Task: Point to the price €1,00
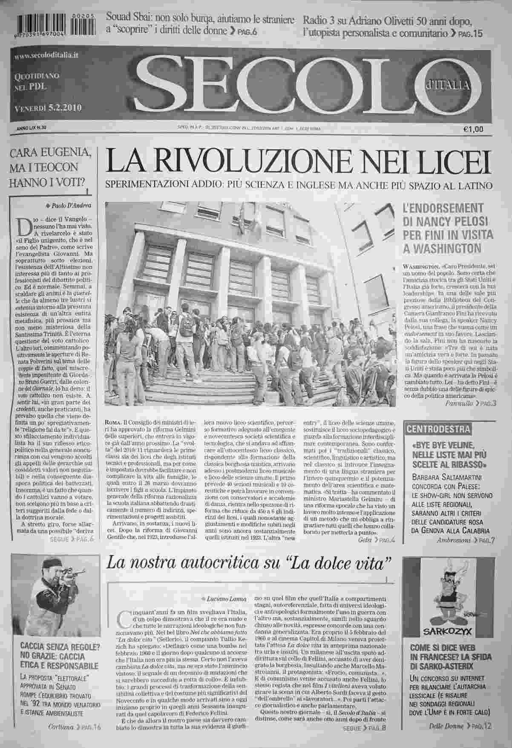473,130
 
